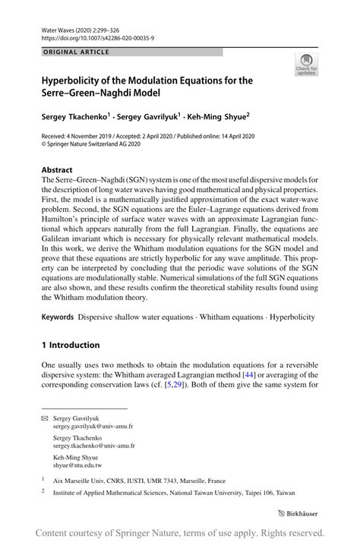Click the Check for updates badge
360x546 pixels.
[308, 65]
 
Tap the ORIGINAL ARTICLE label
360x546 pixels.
[76, 52]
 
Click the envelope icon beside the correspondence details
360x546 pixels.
[45, 418]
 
